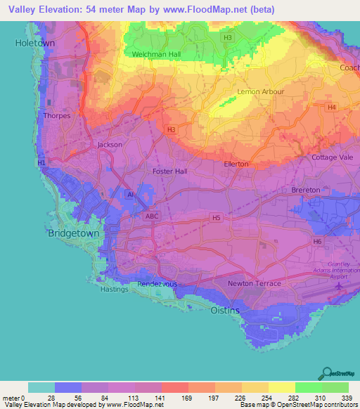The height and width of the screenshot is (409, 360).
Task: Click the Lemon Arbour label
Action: point(262,91)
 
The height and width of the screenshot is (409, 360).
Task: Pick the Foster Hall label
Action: point(169,171)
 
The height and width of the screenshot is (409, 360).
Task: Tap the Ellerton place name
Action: point(236,164)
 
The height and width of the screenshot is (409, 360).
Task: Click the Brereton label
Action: point(306,190)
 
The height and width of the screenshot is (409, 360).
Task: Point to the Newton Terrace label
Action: point(254,283)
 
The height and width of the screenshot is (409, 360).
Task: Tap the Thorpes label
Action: point(57,115)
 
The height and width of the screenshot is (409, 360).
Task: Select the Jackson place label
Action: point(110,145)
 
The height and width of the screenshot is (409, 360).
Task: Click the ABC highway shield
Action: point(151,216)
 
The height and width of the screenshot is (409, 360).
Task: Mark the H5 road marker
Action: point(216,219)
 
